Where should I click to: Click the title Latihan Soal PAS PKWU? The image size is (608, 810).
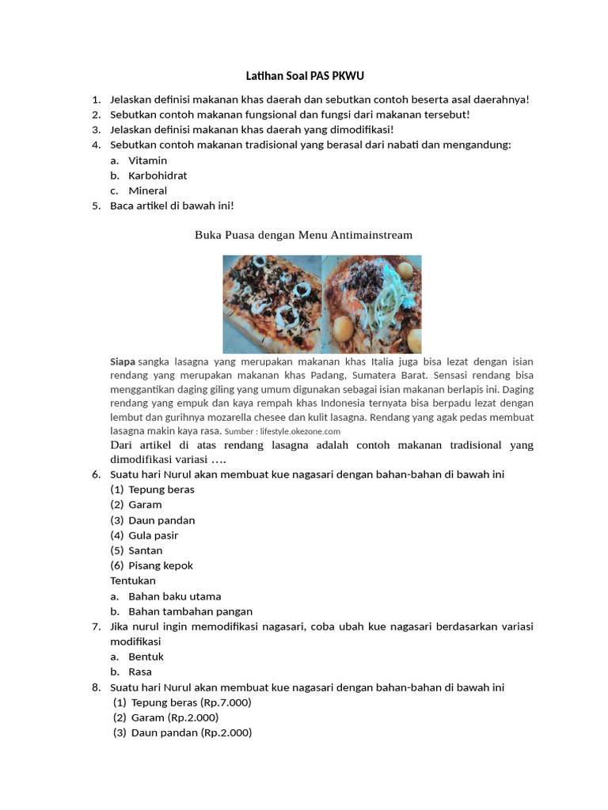click(x=303, y=76)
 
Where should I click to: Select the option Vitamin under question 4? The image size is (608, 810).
click(x=147, y=161)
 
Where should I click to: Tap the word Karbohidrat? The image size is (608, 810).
click(x=158, y=176)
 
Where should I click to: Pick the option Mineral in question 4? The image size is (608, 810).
click(x=147, y=191)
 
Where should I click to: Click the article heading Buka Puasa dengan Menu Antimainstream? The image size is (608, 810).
click(x=303, y=235)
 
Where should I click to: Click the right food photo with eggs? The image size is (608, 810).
click(x=372, y=304)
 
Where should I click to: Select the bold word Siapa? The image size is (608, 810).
click(x=123, y=361)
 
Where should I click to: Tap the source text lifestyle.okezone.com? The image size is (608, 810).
click(x=304, y=432)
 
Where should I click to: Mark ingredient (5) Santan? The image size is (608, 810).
click(x=146, y=551)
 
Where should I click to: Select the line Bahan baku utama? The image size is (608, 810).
click(x=174, y=596)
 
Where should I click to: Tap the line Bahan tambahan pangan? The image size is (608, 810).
click(x=190, y=611)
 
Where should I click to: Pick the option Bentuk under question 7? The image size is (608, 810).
click(x=146, y=657)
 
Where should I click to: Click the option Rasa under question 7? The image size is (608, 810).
click(x=140, y=672)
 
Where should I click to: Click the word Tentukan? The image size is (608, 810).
click(x=132, y=581)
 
